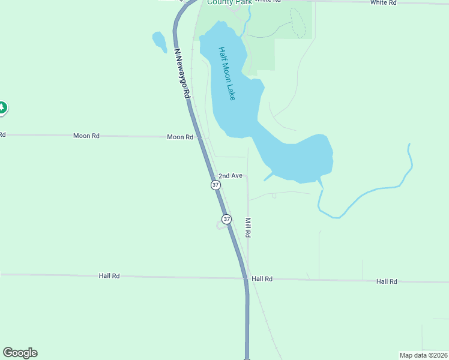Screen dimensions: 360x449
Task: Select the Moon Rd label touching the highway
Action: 180,137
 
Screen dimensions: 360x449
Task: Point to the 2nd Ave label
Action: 230,176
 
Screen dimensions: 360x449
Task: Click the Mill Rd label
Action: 247,227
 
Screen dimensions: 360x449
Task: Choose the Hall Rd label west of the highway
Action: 109,276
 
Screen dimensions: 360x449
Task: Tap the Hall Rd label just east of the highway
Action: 262,279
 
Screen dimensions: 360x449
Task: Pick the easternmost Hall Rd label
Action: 387,281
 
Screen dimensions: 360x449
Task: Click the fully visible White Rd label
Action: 384,3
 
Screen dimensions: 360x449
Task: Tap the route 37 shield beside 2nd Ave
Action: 215,185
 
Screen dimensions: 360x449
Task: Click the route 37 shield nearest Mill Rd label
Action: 226,219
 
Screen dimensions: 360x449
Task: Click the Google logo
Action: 20,353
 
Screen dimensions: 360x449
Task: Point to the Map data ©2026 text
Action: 423,355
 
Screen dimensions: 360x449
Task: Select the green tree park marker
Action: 2,108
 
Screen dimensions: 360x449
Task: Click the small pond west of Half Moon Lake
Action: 159,41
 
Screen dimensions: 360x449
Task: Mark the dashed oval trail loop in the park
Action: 298,23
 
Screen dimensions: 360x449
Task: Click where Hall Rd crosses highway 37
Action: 246,278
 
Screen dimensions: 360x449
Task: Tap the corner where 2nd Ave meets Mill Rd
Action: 247,176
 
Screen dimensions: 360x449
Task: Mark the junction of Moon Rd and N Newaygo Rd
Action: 196,137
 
